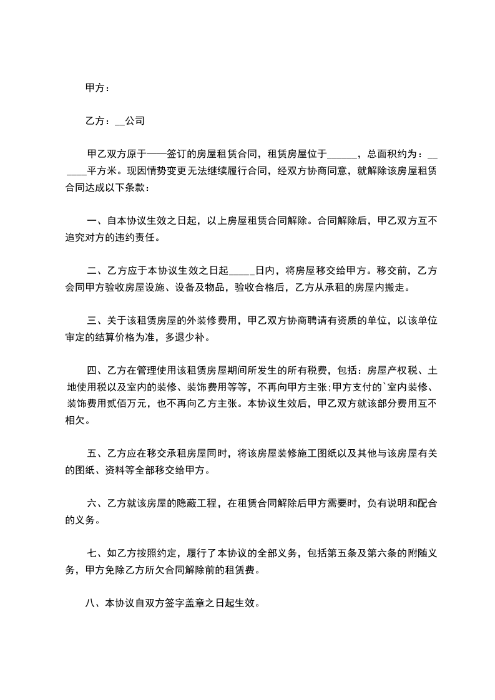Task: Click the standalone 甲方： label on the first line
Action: coord(97,89)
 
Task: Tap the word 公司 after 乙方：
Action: coord(135,121)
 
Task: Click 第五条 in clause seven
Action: coord(336,553)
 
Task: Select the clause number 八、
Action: coord(94,604)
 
